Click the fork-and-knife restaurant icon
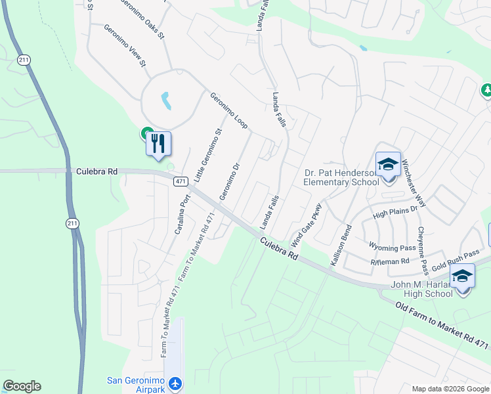pyautogui.click(x=158, y=143)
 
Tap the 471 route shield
pyautogui.click(x=182, y=181)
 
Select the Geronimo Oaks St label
pyautogui.click(x=142, y=18)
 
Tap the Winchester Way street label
pyautogui.click(x=414, y=183)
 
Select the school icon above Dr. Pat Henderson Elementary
pyautogui.click(x=388, y=164)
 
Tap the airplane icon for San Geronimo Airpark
pyautogui.click(x=175, y=383)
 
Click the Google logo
pyautogui.click(x=22, y=386)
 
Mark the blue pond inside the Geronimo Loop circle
pyautogui.click(x=166, y=100)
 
